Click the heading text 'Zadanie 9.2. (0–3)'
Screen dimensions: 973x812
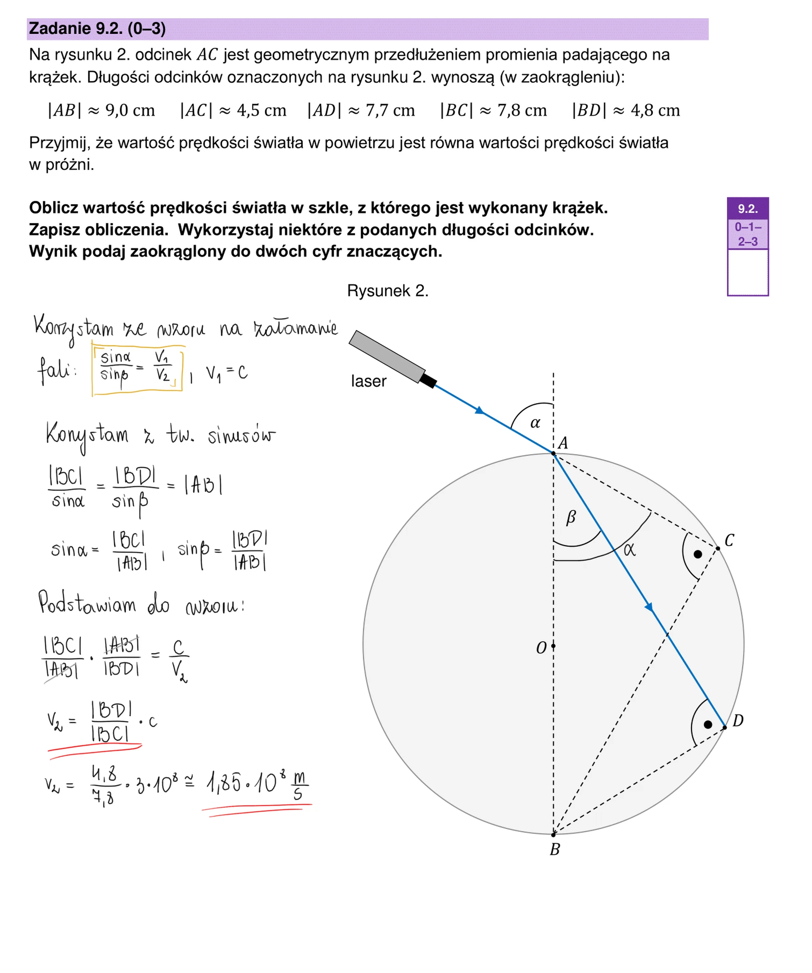(x=97, y=29)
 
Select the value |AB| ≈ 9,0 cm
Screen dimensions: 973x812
(x=101, y=110)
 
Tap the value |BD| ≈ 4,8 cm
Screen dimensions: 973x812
(x=625, y=110)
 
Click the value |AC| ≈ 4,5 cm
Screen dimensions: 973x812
(x=233, y=110)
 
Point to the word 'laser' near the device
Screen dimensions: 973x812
(x=368, y=381)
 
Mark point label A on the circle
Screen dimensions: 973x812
(x=562, y=444)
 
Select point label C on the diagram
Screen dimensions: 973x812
(x=729, y=541)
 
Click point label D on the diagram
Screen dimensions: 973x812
(x=738, y=721)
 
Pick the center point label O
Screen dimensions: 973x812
(x=541, y=648)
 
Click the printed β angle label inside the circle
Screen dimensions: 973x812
(x=571, y=517)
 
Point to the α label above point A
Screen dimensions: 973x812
(x=535, y=422)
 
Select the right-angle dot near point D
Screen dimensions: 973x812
(x=708, y=725)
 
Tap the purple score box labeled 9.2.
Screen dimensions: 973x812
(x=748, y=209)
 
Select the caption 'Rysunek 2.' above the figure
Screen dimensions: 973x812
(x=387, y=291)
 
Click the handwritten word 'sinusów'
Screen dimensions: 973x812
(x=241, y=436)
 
